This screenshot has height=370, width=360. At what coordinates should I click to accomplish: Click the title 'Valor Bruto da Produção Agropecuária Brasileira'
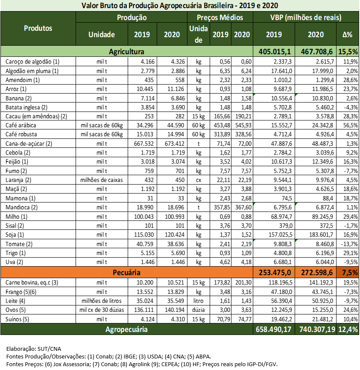pos(180,6)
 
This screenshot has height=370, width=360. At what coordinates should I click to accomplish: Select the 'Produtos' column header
pos(38,28)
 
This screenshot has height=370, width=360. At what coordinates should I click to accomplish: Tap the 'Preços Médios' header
pos(220,18)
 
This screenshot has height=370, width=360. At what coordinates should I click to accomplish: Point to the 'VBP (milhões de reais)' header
pos(305,18)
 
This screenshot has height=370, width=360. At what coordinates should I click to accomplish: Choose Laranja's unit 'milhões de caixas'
pos(102,180)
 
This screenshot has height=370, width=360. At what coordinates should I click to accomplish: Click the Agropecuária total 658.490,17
pos(273,329)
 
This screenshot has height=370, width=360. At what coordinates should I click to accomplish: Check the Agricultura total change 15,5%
pos(348,52)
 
